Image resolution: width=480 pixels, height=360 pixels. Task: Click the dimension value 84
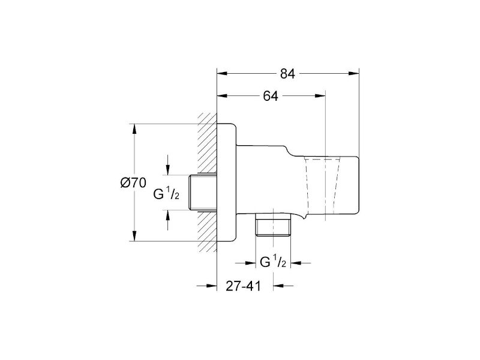tap(287, 74)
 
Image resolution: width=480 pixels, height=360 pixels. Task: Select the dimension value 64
tap(271, 96)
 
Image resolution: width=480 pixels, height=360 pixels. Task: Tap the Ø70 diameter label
tap(133, 183)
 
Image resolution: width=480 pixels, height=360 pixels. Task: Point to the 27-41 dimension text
tap(244, 286)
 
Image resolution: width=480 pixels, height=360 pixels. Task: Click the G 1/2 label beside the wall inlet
tap(166, 194)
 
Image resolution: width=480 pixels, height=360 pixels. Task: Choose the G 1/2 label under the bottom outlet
tap(273, 262)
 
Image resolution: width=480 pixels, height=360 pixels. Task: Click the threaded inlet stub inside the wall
tap(203, 193)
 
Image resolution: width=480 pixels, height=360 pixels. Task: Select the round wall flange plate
tap(227, 182)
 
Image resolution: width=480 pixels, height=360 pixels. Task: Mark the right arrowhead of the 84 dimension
tap(354, 73)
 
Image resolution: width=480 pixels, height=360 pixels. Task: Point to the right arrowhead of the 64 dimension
tap(320, 96)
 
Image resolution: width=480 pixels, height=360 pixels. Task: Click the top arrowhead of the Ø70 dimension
tap(134, 129)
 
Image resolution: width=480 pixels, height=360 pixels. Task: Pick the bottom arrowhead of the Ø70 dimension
tap(134, 236)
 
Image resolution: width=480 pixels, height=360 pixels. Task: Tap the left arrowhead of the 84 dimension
tap(222, 73)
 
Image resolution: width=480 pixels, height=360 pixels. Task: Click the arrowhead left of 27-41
tap(212, 286)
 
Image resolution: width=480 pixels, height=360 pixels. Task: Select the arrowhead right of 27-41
tap(278, 286)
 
